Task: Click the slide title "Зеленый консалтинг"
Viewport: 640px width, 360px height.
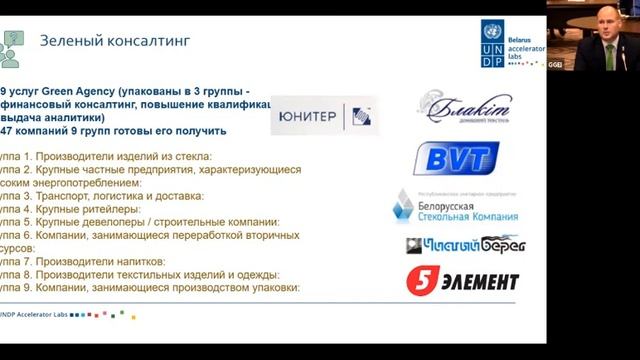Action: point(114,41)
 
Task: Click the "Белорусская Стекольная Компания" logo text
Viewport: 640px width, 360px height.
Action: point(468,210)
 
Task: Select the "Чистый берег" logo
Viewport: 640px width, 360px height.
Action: point(465,244)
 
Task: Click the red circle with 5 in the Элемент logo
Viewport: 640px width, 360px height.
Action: point(420,281)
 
